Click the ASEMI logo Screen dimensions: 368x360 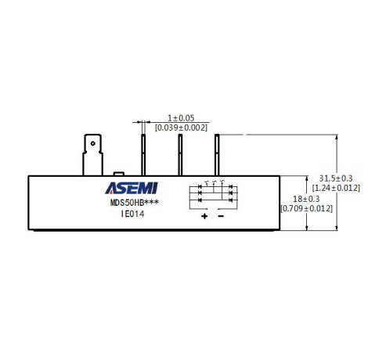(x=132, y=188)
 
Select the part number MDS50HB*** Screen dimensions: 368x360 (x=135, y=203)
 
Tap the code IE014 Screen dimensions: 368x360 (x=132, y=214)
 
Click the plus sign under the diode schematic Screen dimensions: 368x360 (x=204, y=216)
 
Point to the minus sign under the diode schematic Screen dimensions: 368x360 (x=221, y=216)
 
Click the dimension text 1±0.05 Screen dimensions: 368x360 (x=181, y=118)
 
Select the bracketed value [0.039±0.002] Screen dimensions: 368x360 (x=181, y=128)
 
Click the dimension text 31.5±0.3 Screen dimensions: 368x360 (x=336, y=178)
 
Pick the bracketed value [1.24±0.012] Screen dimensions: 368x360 (x=336, y=188)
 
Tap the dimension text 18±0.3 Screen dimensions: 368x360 (x=306, y=199)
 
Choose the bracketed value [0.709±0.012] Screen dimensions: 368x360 (x=306, y=209)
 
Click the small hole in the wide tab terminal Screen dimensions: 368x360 (x=92, y=143)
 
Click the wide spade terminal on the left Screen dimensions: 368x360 (x=92, y=155)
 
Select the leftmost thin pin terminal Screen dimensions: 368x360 (x=143, y=155)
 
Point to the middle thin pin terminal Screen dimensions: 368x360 (x=180, y=155)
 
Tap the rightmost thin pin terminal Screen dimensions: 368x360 (x=217, y=155)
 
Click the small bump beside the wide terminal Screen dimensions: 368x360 (x=119, y=174)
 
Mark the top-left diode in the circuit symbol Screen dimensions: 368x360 (x=200, y=187)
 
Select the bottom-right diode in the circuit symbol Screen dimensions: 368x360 (x=231, y=200)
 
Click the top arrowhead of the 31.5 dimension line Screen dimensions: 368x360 (x=337, y=137)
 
